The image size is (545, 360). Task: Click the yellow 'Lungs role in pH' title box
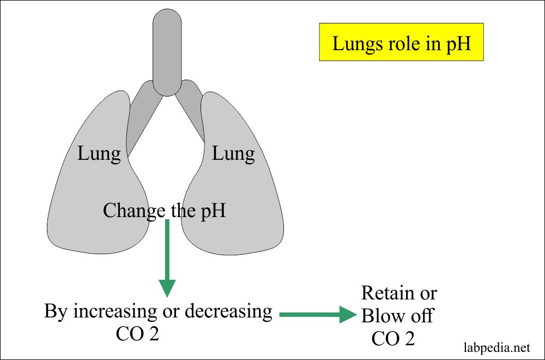click(401, 42)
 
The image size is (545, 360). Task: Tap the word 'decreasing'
click(228, 311)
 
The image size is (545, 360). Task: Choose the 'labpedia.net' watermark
click(496, 346)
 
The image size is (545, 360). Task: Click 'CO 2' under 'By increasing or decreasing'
click(137, 334)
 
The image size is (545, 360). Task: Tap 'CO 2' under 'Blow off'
click(393, 339)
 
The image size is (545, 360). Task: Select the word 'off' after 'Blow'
click(422, 316)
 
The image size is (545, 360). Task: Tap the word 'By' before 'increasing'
click(56, 311)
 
